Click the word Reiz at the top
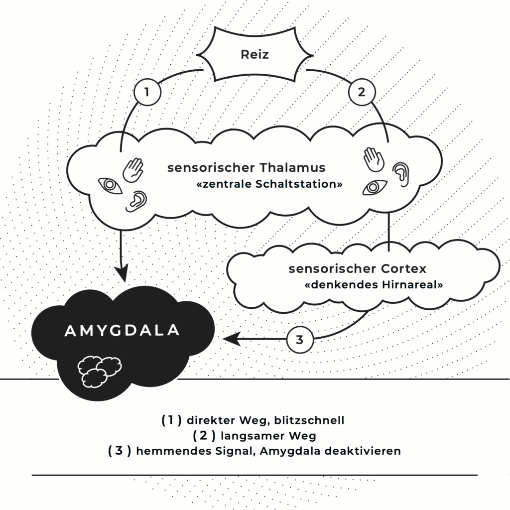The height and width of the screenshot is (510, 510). click(255, 54)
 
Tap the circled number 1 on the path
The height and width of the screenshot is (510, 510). click(146, 93)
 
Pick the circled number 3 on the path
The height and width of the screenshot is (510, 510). click(299, 340)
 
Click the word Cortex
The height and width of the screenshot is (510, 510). click(400, 269)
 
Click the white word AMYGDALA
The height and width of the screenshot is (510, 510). click(123, 331)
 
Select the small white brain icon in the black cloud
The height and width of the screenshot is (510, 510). click(100, 370)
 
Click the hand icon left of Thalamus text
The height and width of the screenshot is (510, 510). click(133, 170)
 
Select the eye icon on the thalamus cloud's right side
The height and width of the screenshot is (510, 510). click(375, 187)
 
